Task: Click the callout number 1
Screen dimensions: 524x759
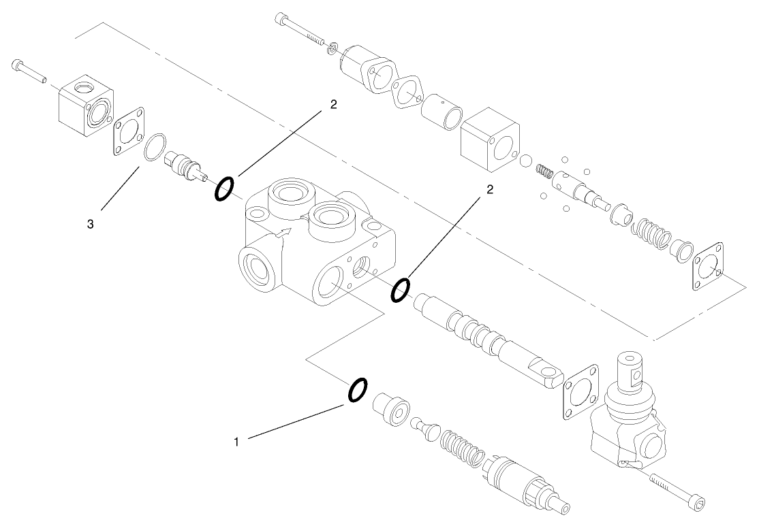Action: (236, 442)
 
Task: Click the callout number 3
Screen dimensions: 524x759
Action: (90, 223)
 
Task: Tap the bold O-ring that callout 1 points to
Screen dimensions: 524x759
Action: (358, 391)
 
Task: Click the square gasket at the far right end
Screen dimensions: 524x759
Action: (711, 268)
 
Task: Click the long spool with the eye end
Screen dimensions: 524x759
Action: (489, 337)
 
